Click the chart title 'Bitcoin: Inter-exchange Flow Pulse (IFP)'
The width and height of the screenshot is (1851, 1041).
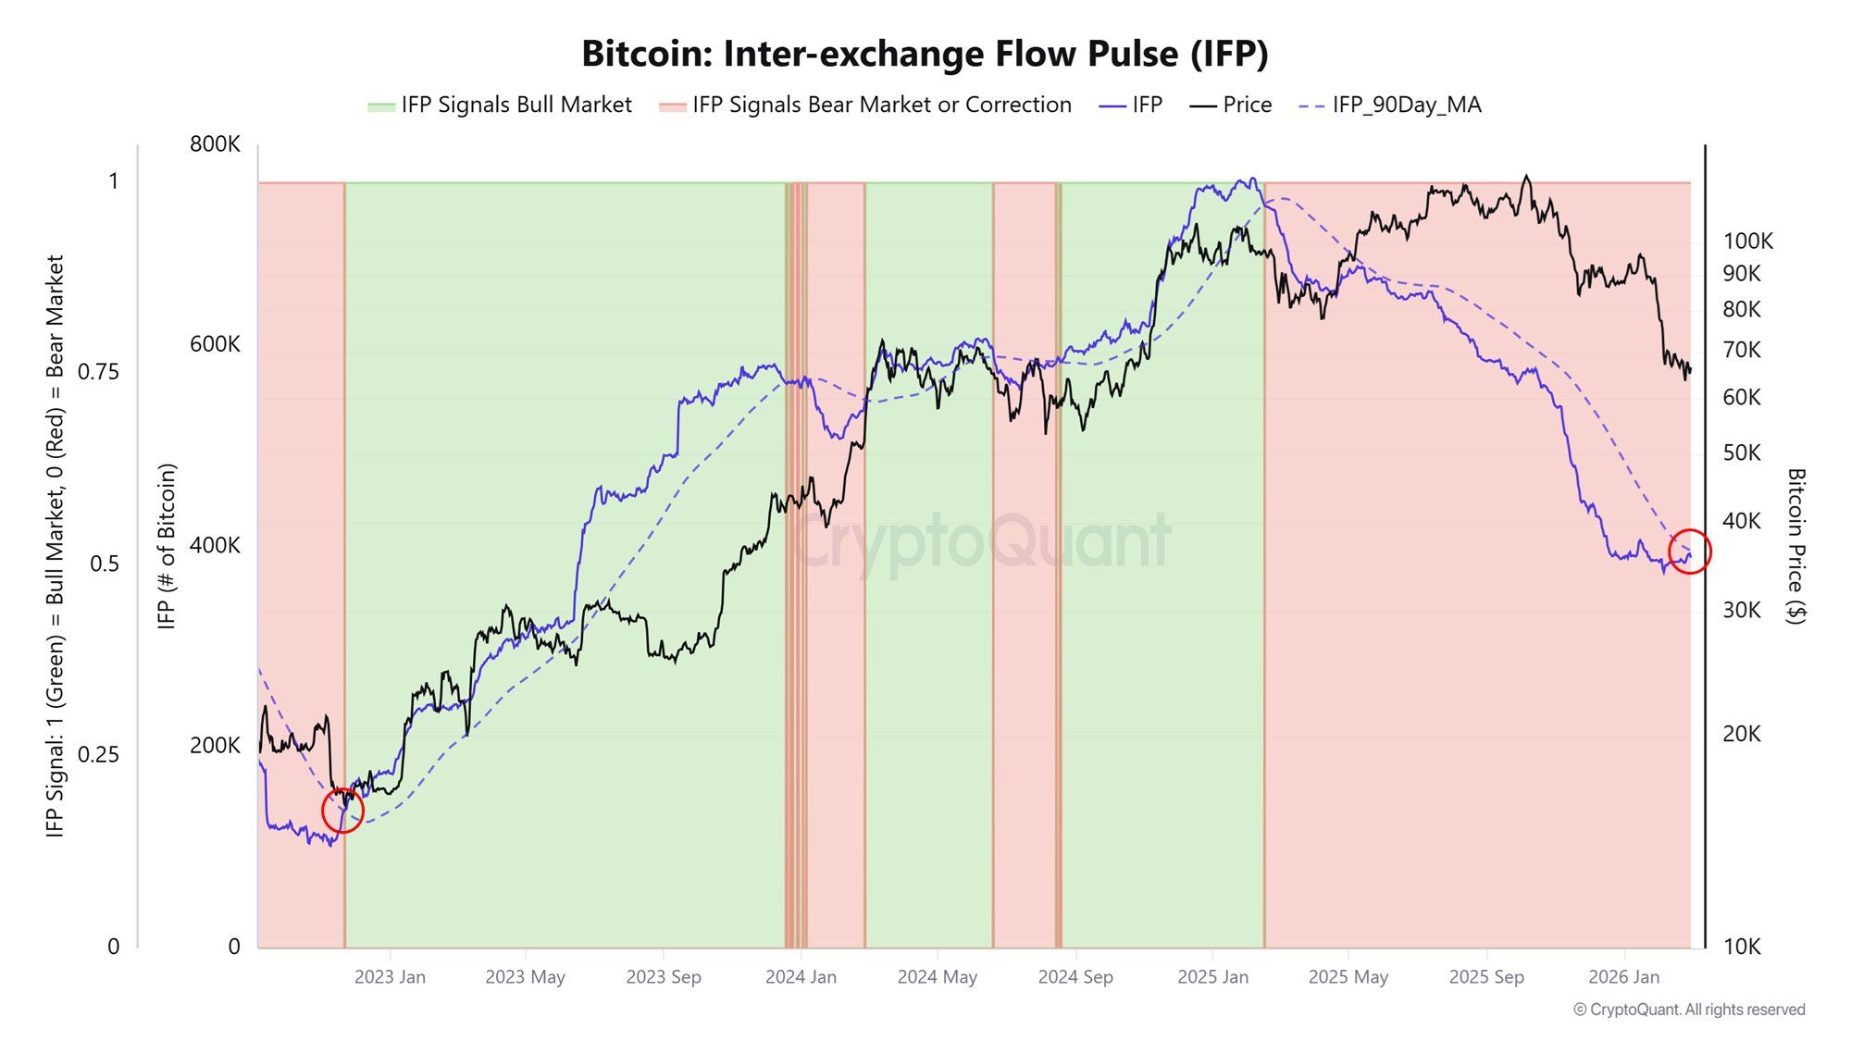tap(925, 54)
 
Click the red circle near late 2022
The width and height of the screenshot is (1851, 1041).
tap(342, 811)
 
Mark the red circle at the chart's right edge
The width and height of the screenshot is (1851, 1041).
tap(1690, 551)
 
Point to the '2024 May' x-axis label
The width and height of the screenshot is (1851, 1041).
tap(937, 977)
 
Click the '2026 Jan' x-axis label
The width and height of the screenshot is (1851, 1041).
tap(1623, 977)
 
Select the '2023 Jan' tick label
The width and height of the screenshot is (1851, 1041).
tap(390, 977)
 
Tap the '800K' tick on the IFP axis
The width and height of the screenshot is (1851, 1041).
tap(215, 144)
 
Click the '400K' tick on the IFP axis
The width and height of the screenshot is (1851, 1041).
tap(215, 545)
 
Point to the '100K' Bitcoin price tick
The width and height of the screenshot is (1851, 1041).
tap(1747, 242)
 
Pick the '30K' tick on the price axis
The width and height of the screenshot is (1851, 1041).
tap(1741, 610)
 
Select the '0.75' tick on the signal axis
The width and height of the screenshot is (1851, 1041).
tap(98, 372)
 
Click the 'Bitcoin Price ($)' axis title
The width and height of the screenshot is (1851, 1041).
tap(1795, 546)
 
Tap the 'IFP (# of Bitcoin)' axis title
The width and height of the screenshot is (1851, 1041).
tap(167, 546)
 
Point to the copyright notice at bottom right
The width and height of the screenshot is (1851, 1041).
tap(1688, 1010)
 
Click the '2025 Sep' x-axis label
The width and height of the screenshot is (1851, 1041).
tap(1485, 977)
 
